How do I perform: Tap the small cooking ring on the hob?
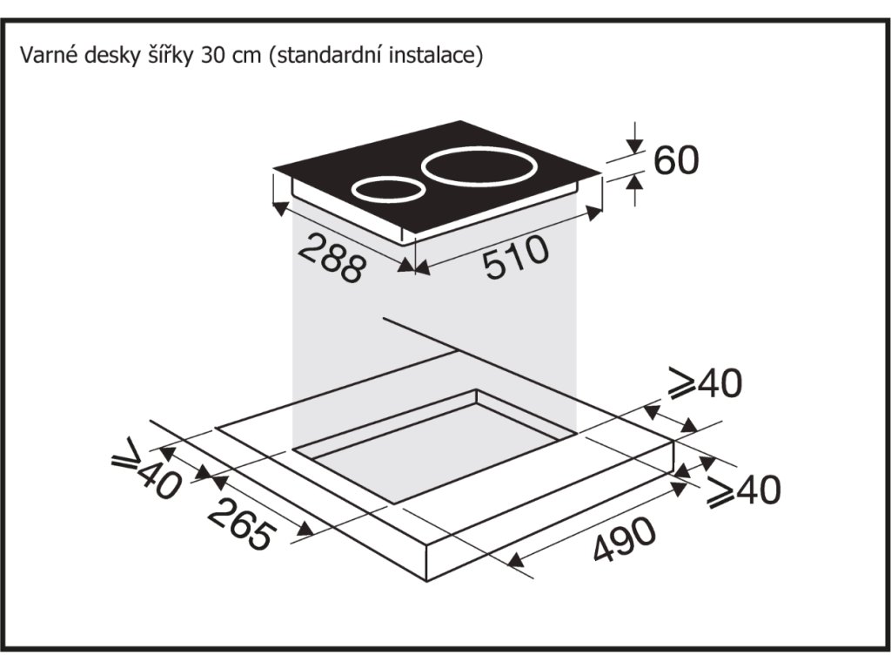click(386, 189)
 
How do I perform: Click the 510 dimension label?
click(516, 258)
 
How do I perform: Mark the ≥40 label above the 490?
click(742, 490)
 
